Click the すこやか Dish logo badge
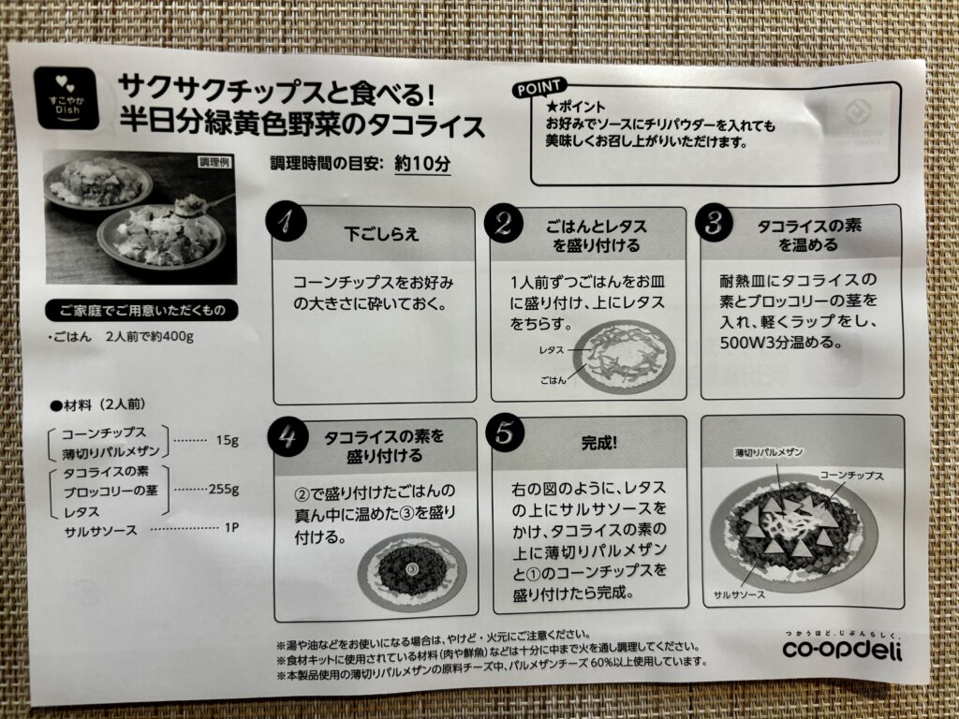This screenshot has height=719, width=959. point(66,97)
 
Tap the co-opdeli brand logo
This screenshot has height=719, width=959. point(842,649)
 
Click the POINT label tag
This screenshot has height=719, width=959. point(539,89)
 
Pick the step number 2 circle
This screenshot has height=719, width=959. point(503,223)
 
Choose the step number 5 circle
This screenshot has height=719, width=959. point(505,433)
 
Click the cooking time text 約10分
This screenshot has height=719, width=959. point(422,163)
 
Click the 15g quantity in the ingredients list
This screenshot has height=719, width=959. point(227,440)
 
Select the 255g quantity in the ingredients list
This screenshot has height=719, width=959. point(224,489)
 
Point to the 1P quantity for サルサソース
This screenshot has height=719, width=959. point(231,527)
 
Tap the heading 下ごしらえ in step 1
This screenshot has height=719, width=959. point(382,234)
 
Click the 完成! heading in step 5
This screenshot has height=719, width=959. point(598,443)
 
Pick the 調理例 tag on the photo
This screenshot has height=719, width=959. point(214,162)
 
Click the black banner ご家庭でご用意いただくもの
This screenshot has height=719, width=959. point(141,311)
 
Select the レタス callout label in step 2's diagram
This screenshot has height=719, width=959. point(551,350)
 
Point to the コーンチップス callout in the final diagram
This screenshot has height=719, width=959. point(851,475)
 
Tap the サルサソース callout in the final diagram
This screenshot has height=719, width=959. point(739,594)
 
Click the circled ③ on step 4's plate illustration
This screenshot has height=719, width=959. point(412,570)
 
